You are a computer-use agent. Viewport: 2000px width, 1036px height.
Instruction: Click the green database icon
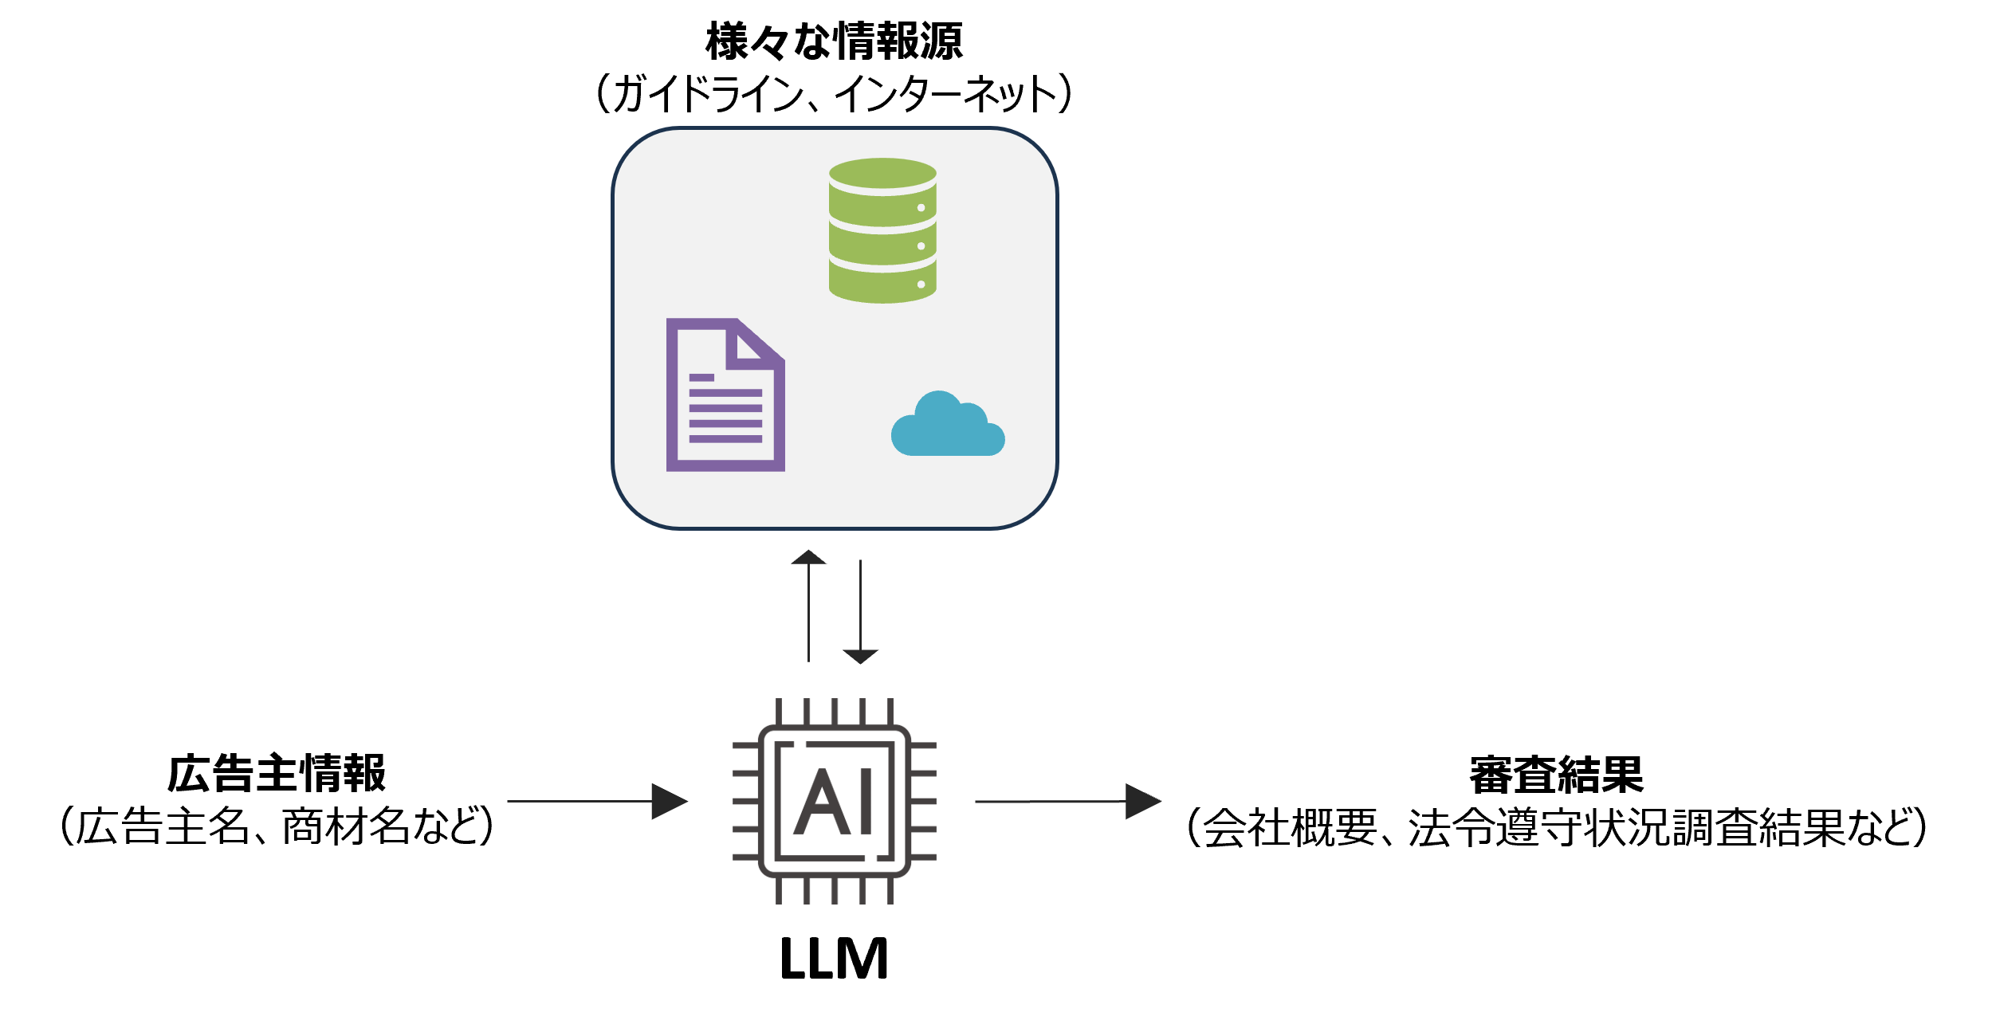(x=882, y=231)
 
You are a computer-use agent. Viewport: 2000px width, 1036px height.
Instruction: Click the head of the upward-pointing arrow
(x=808, y=557)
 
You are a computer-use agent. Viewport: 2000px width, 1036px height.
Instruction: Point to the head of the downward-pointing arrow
(x=860, y=656)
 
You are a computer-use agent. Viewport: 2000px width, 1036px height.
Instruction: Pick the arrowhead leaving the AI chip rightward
(x=1142, y=801)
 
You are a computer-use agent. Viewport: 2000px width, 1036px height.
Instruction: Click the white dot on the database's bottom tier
(x=921, y=285)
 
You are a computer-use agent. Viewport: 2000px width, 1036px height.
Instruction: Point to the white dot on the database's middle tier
(x=921, y=246)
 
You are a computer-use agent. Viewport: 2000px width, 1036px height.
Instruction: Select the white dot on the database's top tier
(x=921, y=208)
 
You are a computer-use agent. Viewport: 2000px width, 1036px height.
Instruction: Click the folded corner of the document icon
(x=749, y=347)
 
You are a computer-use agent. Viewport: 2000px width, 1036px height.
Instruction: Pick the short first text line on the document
(x=701, y=378)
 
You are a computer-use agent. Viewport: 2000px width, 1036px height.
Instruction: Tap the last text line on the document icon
(x=725, y=439)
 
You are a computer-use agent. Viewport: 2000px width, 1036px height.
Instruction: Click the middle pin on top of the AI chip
(x=835, y=711)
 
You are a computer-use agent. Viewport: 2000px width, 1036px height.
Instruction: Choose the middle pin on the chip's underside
(x=835, y=891)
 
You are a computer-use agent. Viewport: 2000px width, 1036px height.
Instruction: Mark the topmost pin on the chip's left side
(x=745, y=745)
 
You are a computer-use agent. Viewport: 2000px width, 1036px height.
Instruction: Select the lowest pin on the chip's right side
(x=924, y=857)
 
